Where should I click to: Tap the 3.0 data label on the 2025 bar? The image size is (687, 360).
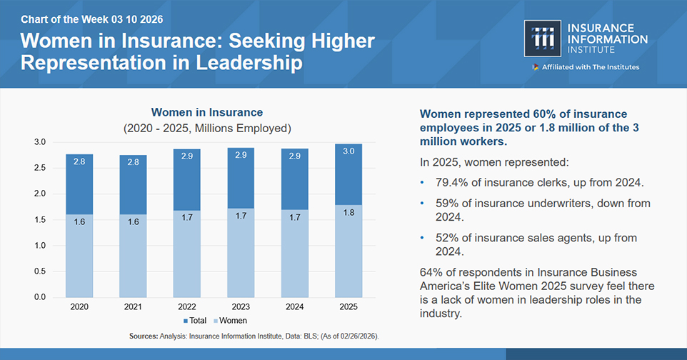(x=348, y=151)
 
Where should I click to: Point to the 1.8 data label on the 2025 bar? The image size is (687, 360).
(x=348, y=212)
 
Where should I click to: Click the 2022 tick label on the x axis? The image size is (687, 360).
(x=187, y=307)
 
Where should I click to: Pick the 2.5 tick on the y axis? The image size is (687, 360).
(x=40, y=168)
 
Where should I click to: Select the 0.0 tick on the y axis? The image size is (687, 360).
(x=40, y=297)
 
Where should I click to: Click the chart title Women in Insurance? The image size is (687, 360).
(x=206, y=112)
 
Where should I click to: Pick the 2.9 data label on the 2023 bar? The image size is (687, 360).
(x=241, y=155)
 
